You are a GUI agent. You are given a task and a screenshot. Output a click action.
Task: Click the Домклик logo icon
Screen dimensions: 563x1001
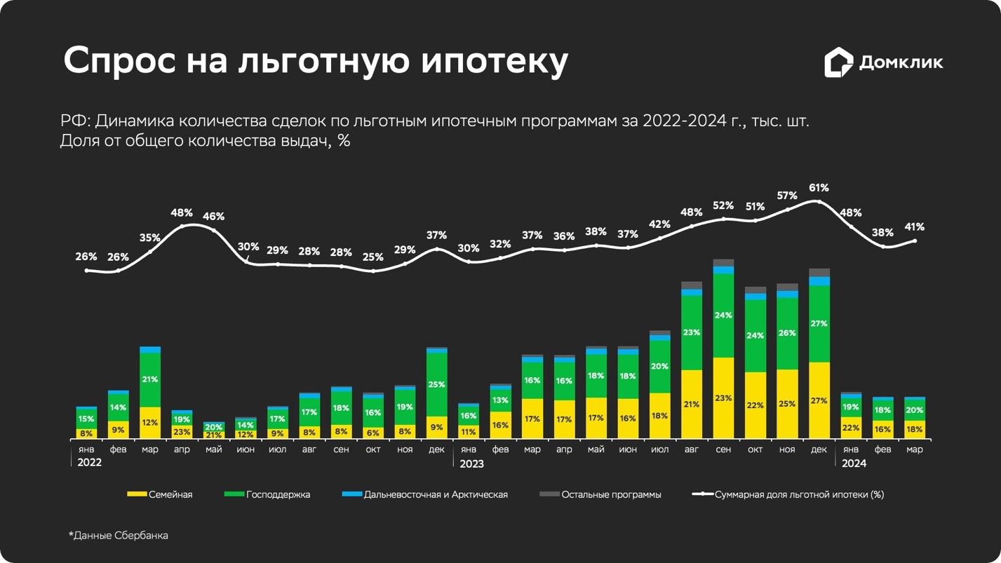coord(838,62)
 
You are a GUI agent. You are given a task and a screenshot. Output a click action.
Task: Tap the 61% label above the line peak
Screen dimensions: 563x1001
coord(819,188)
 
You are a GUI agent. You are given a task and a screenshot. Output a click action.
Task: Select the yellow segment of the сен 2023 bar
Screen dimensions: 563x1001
coord(723,398)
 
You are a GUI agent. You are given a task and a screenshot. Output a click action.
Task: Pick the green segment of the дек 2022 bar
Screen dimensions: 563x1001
coord(436,384)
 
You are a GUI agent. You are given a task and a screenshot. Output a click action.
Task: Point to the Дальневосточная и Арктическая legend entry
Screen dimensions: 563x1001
coord(425,494)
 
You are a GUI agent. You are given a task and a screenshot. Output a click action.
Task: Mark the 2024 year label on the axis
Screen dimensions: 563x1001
coord(853,463)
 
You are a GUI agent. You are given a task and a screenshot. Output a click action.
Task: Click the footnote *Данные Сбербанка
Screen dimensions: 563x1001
coord(119,536)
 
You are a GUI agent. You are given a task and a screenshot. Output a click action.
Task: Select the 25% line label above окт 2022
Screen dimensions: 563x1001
coord(372,257)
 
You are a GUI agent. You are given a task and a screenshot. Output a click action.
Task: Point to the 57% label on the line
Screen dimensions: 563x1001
coord(787,196)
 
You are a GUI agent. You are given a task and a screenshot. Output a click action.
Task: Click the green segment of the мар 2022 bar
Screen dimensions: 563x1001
coord(150,379)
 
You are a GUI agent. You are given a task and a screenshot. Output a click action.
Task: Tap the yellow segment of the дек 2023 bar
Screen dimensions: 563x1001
coord(819,400)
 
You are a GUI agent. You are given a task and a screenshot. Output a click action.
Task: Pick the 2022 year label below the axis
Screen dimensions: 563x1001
coord(89,463)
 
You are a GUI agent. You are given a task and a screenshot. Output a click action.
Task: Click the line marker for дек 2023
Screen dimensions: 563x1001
coord(819,202)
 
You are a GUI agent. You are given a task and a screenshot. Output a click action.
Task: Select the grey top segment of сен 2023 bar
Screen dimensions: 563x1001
coord(723,263)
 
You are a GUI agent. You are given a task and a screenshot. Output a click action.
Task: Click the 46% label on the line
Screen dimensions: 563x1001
coord(213,217)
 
